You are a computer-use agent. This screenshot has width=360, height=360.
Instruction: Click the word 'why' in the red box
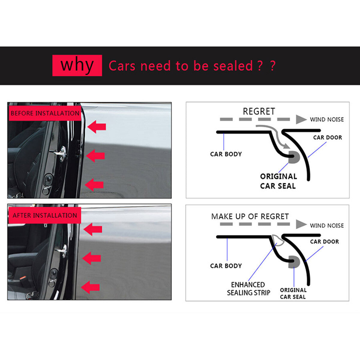click(x=77, y=65)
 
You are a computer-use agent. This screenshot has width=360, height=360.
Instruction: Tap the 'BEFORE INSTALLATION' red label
click(x=45, y=113)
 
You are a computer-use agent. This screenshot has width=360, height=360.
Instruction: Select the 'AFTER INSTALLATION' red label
click(x=45, y=215)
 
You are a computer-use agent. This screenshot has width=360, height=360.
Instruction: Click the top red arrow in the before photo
click(x=97, y=127)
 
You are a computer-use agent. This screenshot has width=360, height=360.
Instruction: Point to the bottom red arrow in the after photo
click(x=91, y=287)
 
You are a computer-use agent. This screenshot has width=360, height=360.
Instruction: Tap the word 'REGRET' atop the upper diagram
click(x=259, y=111)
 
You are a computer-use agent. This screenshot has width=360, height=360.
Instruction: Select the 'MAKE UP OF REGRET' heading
click(x=250, y=216)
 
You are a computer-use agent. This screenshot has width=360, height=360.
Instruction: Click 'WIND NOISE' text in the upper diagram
click(x=327, y=119)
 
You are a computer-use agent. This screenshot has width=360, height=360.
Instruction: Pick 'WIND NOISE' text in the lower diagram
click(x=327, y=225)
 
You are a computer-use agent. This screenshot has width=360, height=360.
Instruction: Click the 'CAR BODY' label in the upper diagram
click(x=226, y=154)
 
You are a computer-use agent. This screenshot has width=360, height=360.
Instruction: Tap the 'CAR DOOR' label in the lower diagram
click(x=324, y=241)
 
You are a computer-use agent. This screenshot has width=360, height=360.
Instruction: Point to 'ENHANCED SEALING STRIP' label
click(x=248, y=289)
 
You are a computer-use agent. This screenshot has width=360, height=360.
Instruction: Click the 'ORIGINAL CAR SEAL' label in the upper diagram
click(x=278, y=181)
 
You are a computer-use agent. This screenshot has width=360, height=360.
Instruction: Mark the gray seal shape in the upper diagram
click(x=292, y=157)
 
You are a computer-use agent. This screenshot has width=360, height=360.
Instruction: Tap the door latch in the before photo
click(x=61, y=152)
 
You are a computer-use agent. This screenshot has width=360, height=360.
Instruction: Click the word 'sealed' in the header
click(x=233, y=66)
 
